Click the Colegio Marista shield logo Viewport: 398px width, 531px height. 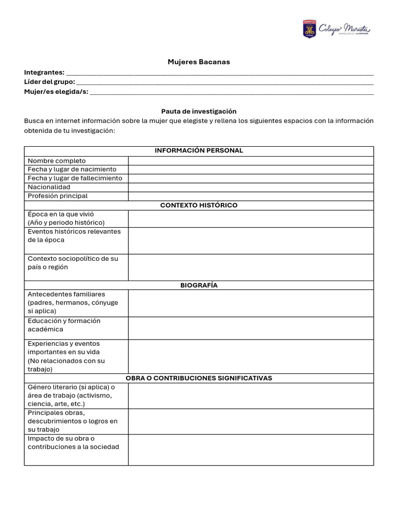click(309, 29)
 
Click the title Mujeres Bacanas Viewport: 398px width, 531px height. click(198, 62)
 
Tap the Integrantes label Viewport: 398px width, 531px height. click(44, 72)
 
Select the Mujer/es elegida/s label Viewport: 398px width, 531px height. click(56, 92)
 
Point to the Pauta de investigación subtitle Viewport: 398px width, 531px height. click(198, 111)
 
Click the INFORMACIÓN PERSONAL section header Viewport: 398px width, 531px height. click(198, 150)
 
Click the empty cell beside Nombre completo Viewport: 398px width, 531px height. click(251, 161)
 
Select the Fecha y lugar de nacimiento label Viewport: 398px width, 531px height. click(72, 169)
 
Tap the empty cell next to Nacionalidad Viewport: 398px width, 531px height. click(251, 187)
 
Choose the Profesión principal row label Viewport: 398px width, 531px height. click(58, 196)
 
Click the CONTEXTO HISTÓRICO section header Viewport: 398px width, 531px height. click(198, 205)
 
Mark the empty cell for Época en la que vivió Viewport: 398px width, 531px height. click(251, 218)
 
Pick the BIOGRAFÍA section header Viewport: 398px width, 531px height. click(198, 285)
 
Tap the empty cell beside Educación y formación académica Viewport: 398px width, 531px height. click(251, 328)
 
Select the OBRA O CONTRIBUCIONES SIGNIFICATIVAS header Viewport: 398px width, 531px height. click(198, 378)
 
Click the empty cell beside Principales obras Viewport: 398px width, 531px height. click(251, 421)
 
